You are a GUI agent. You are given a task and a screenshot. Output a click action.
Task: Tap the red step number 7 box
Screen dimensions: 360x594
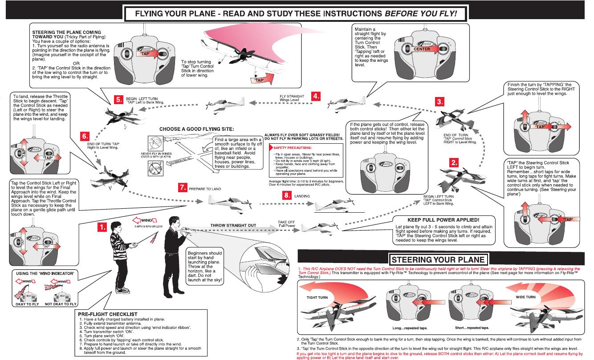[x=183, y=188]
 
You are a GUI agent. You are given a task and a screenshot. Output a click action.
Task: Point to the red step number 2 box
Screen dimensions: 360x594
[x=453, y=162]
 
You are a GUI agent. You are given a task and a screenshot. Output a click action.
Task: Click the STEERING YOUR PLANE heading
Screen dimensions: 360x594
[x=438, y=260]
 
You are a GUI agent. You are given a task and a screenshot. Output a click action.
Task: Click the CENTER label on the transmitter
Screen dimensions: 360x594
[x=422, y=49]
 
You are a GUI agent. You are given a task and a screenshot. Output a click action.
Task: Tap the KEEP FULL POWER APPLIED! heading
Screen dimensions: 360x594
[x=443, y=220]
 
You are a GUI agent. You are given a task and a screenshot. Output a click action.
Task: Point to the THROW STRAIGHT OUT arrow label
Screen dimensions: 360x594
[x=233, y=225]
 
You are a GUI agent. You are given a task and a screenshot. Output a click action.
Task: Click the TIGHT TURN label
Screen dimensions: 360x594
[x=317, y=297]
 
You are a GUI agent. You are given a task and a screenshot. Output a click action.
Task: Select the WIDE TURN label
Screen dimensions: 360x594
[x=526, y=297]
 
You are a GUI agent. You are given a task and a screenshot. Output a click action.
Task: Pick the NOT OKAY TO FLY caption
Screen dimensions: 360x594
[x=61, y=304]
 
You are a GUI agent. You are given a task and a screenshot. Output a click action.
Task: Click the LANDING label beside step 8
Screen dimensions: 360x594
[x=302, y=195]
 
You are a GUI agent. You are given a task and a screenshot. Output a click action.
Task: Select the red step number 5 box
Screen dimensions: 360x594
[x=119, y=100]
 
